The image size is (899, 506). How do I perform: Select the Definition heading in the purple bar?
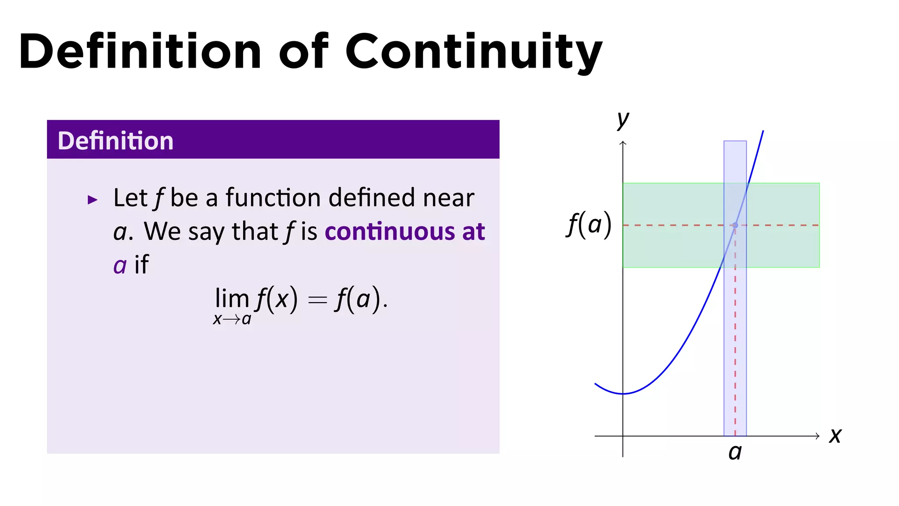click(115, 141)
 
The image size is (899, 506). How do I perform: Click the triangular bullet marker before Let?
click(92, 200)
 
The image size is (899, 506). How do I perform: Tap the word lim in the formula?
click(232, 299)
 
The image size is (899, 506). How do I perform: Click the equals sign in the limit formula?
click(317, 300)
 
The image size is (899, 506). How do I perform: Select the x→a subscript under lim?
click(232, 319)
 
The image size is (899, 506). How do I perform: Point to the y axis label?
click(622, 119)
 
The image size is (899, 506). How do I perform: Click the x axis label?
click(835, 436)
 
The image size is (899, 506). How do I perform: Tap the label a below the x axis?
click(735, 452)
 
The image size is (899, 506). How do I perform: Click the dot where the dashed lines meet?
click(735, 225)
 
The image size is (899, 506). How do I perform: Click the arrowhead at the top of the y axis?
click(622, 143)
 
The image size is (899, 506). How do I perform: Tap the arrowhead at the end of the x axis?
click(817, 436)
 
